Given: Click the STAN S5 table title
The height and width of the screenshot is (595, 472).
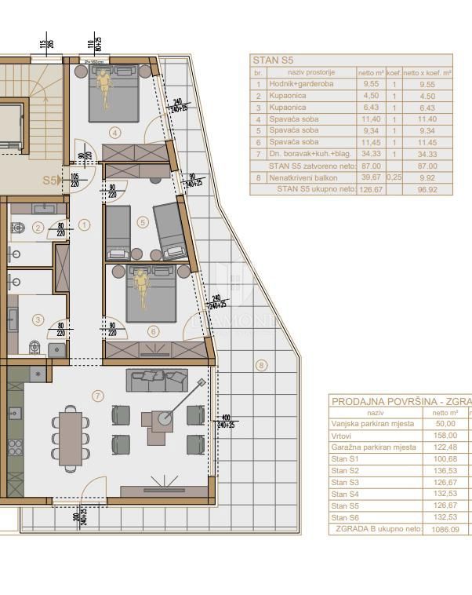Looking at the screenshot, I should click(273, 60).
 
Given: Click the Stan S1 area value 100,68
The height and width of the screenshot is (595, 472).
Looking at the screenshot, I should click(445, 458).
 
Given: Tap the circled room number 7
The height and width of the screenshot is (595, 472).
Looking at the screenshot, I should click(98, 396).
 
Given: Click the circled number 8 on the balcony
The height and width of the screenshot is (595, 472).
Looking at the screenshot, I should click(261, 364).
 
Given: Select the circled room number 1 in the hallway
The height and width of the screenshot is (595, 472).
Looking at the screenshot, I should click(85, 224).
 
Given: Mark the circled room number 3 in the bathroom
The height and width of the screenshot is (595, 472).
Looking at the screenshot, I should click(38, 319).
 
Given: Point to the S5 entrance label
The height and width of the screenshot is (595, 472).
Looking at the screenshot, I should click(50, 180).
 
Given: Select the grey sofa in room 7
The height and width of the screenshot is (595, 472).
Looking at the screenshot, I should click(158, 381).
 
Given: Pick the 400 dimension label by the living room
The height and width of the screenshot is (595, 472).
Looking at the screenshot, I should click(226, 418).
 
